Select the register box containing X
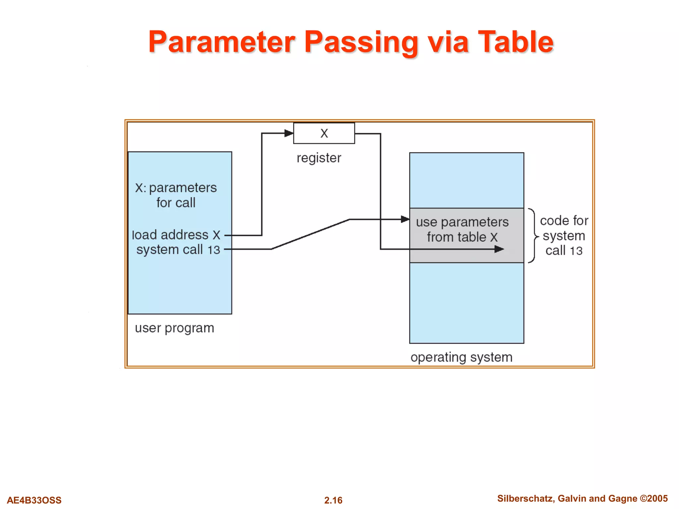(324, 133)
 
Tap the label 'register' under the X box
(319, 158)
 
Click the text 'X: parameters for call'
(176, 195)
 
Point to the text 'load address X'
(176, 235)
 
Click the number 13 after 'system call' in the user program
(214, 250)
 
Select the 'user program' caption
(174, 328)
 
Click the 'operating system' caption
(461, 357)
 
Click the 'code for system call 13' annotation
(564, 236)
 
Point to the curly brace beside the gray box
(533, 236)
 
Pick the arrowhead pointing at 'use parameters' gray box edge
(405, 219)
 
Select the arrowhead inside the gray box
(499, 249)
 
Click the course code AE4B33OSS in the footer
(34, 500)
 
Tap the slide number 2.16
(333, 500)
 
